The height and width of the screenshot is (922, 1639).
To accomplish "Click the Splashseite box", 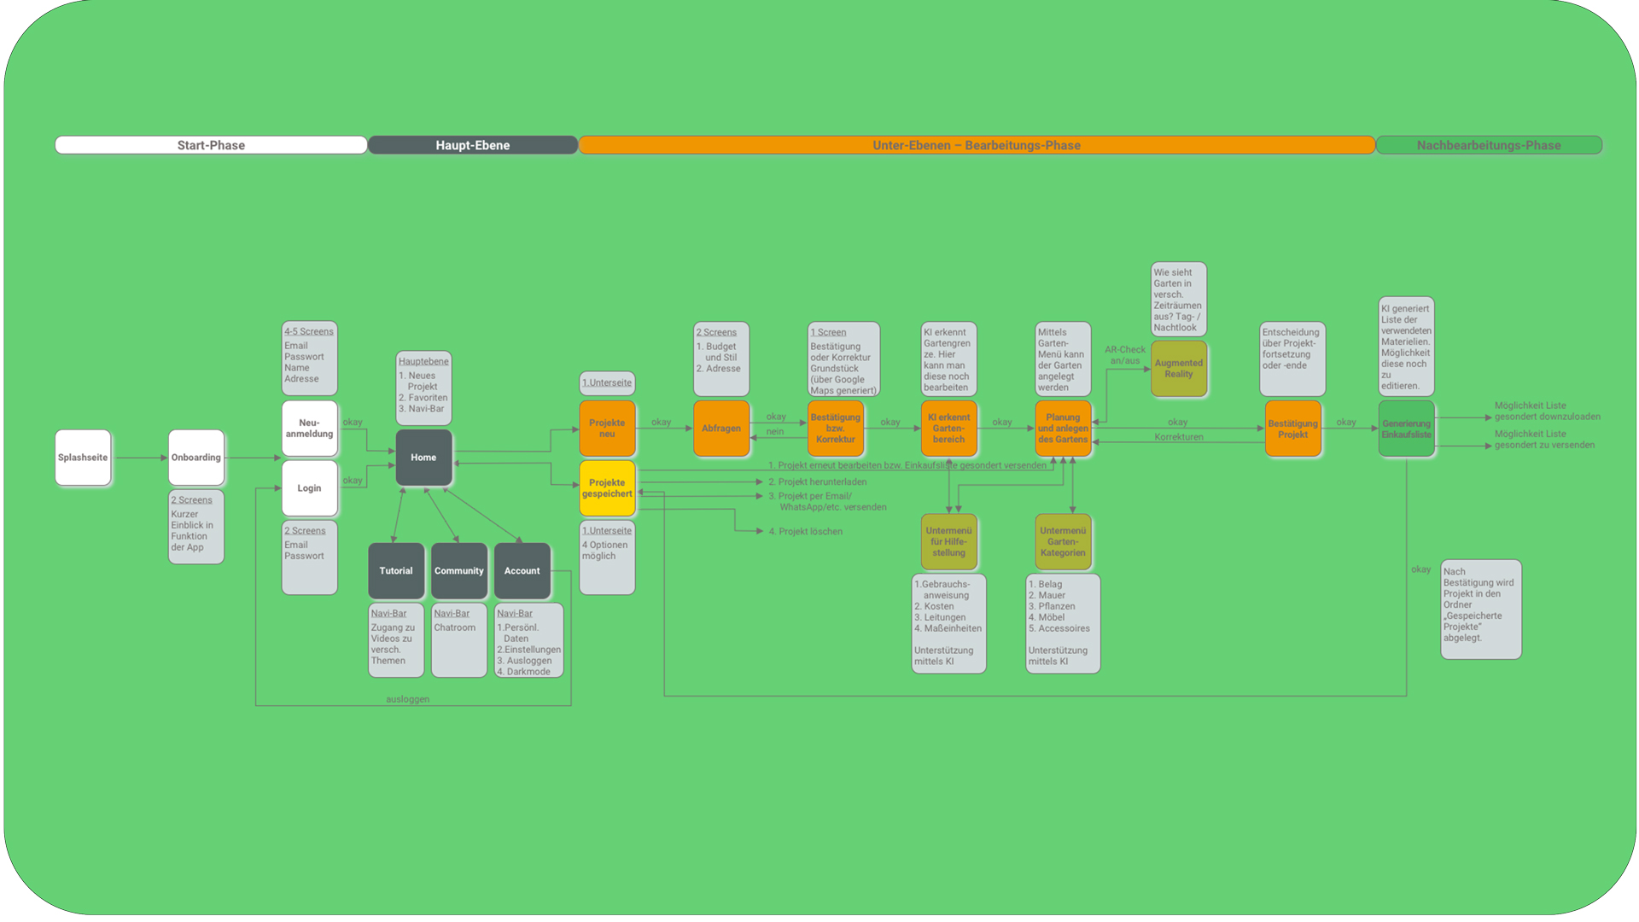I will (x=83, y=458).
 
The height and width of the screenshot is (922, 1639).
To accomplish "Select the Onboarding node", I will (x=196, y=458).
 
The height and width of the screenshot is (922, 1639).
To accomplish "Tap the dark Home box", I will (x=423, y=458).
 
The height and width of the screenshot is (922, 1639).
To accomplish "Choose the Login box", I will (x=309, y=488).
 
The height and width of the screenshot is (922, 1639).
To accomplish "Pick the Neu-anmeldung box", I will (x=309, y=429).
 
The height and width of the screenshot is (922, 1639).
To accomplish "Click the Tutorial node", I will (x=396, y=571).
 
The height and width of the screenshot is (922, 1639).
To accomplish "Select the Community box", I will (x=459, y=571).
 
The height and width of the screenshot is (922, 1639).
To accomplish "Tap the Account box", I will (x=522, y=571).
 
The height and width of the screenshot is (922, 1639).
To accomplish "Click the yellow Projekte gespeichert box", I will (x=607, y=488).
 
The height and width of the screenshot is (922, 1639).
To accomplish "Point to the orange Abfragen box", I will (x=721, y=429).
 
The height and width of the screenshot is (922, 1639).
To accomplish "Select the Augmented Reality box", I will (x=1178, y=369).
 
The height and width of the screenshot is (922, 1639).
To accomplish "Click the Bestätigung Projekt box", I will (x=1292, y=429).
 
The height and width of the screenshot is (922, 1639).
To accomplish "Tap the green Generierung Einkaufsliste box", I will (x=1406, y=429).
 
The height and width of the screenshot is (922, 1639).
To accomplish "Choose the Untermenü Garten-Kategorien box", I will (x=1063, y=542).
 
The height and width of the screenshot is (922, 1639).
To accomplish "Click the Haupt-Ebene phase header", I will (x=473, y=145).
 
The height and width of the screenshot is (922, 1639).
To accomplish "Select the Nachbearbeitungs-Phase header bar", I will (x=1489, y=145).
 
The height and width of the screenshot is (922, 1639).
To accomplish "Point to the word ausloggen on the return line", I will (x=408, y=699).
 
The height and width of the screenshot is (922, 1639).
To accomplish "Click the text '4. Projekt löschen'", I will (x=810, y=532).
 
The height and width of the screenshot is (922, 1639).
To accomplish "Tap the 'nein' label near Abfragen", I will (x=775, y=432).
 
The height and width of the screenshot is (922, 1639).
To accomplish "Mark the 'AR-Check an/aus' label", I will (x=1125, y=355).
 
